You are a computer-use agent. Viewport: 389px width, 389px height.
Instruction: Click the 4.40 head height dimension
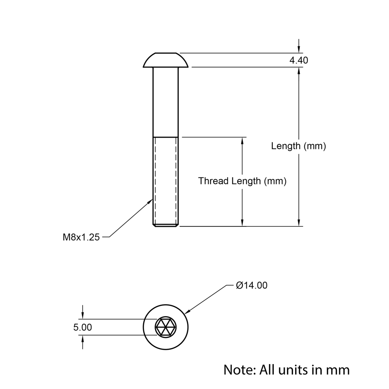pos(298,60)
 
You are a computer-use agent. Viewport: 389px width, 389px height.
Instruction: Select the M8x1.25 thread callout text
pos(81,237)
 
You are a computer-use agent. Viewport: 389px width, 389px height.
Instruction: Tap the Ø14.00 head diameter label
pos(252,286)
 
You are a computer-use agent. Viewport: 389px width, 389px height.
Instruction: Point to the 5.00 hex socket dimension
pos(82,328)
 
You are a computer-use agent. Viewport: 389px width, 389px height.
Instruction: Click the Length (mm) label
pos(298,146)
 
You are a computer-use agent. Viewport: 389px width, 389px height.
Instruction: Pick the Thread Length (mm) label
pos(242,181)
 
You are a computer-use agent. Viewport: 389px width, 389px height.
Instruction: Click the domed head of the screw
pos(166,60)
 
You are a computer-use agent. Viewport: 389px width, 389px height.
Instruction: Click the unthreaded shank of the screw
pos(166,101)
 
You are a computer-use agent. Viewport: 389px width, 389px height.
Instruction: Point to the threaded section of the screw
pos(166,181)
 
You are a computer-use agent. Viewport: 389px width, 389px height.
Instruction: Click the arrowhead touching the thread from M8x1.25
pos(151,201)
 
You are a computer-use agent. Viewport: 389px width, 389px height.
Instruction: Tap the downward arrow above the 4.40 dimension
pos(299,49)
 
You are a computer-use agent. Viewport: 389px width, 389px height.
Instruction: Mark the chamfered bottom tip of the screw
pos(166,225)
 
